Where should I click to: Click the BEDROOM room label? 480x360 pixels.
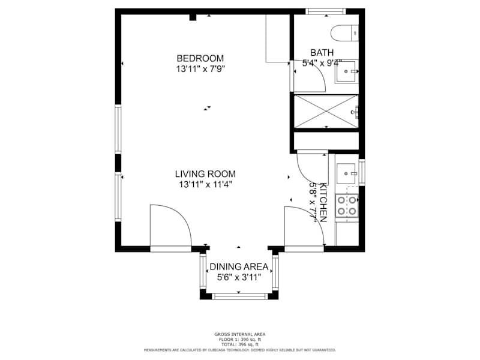200,58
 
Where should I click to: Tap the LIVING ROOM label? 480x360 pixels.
205,174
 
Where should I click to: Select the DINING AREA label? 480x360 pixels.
239,267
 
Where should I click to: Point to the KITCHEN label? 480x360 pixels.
323,202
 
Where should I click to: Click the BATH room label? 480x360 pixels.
322,53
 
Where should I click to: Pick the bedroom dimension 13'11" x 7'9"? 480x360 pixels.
200,69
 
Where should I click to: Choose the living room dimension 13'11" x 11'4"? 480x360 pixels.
205,185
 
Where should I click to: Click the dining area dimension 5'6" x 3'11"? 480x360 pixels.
239,278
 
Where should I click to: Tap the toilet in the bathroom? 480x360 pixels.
344,33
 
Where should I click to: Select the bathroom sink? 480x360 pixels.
347,71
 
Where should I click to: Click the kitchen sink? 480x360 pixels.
347,173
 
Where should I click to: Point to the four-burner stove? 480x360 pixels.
347,206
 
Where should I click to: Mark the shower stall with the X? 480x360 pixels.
326,111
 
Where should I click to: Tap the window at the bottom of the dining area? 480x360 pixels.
239,296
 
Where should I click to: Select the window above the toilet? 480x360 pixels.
326,11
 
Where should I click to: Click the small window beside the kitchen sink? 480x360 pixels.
362,172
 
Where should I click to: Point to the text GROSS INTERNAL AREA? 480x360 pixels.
240,335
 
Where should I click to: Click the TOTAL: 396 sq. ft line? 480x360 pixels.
240,344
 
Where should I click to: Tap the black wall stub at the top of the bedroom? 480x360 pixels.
193,17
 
